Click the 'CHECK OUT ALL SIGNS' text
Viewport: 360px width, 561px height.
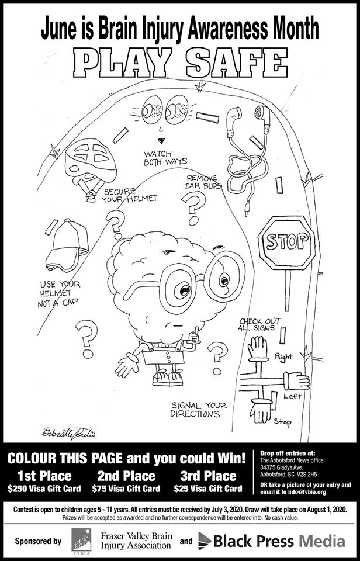coord(260,325)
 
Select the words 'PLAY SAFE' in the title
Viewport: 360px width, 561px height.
coord(179,60)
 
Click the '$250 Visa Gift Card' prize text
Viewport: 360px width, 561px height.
coord(43,488)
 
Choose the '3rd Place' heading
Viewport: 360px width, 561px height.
coord(208,475)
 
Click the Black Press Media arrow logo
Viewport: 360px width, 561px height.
coord(205,541)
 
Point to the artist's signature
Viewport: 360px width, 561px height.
coord(66,433)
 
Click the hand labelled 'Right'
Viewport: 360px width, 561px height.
coord(257,349)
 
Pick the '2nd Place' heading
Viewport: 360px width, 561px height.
coord(126,475)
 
